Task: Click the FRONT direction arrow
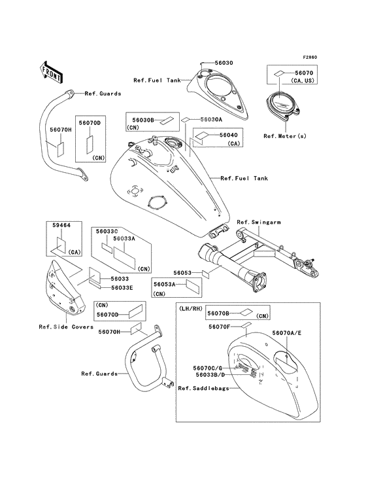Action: pyautogui.click(x=51, y=72)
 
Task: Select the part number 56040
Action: pyautogui.click(x=229, y=135)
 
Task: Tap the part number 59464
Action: pyautogui.click(x=61, y=225)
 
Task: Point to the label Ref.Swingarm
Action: pyautogui.click(x=259, y=222)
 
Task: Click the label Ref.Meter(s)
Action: pyautogui.click(x=285, y=136)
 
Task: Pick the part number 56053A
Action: pyautogui.click(x=165, y=285)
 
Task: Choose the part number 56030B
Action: pyautogui.click(x=143, y=120)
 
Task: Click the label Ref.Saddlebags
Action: pyautogui.click(x=203, y=388)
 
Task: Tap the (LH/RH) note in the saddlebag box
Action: pyautogui.click(x=191, y=309)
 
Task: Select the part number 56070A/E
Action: pyautogui.click(x=287, y=333)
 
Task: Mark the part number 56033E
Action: pyautogui.click(x=122, y=288)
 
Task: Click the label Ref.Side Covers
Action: pyautogui.click(x=66, y=327)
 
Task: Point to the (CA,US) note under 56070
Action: pyautogui.click(x=302, y=80)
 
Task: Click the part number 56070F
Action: pyautogui.click(x=220, y=327)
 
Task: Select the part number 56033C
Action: pyautogui.click(x=107, y=231)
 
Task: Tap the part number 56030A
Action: pyautogui.click(x=211, y=120)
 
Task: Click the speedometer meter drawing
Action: pyautogui.click(x=283, y=104)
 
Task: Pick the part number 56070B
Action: pyautogui.click(x=218, y=313)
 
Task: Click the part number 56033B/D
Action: pyautogui.click(x=210, y=374)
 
